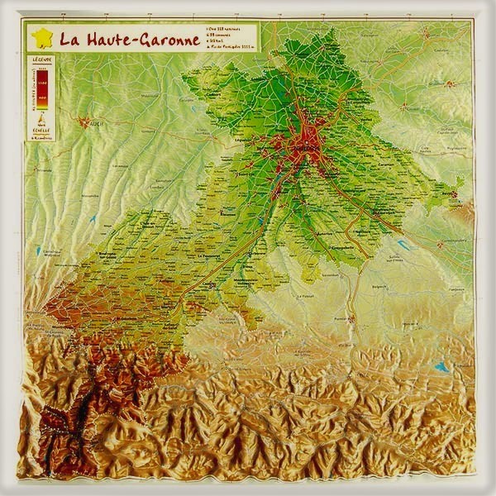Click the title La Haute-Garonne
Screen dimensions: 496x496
(x=130, y=38)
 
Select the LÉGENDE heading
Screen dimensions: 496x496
(x=42, y=60)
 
